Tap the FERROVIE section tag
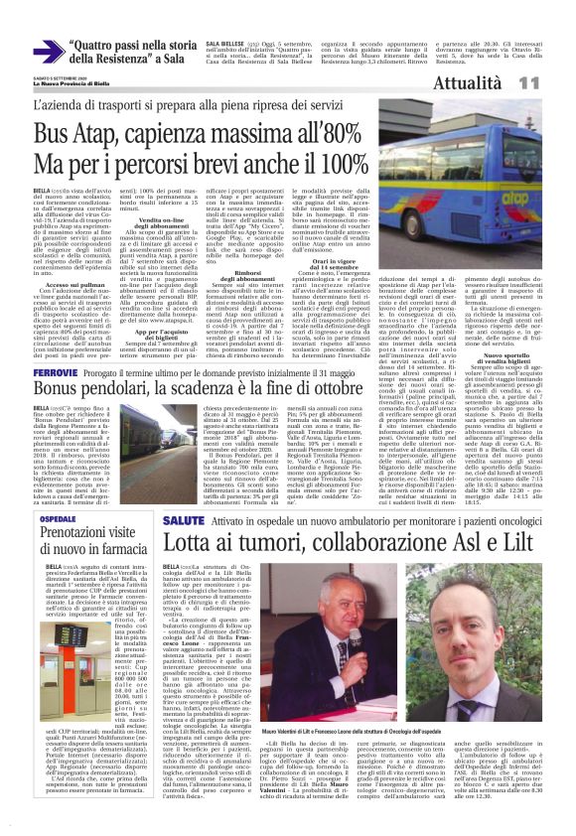click(57, 371)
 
